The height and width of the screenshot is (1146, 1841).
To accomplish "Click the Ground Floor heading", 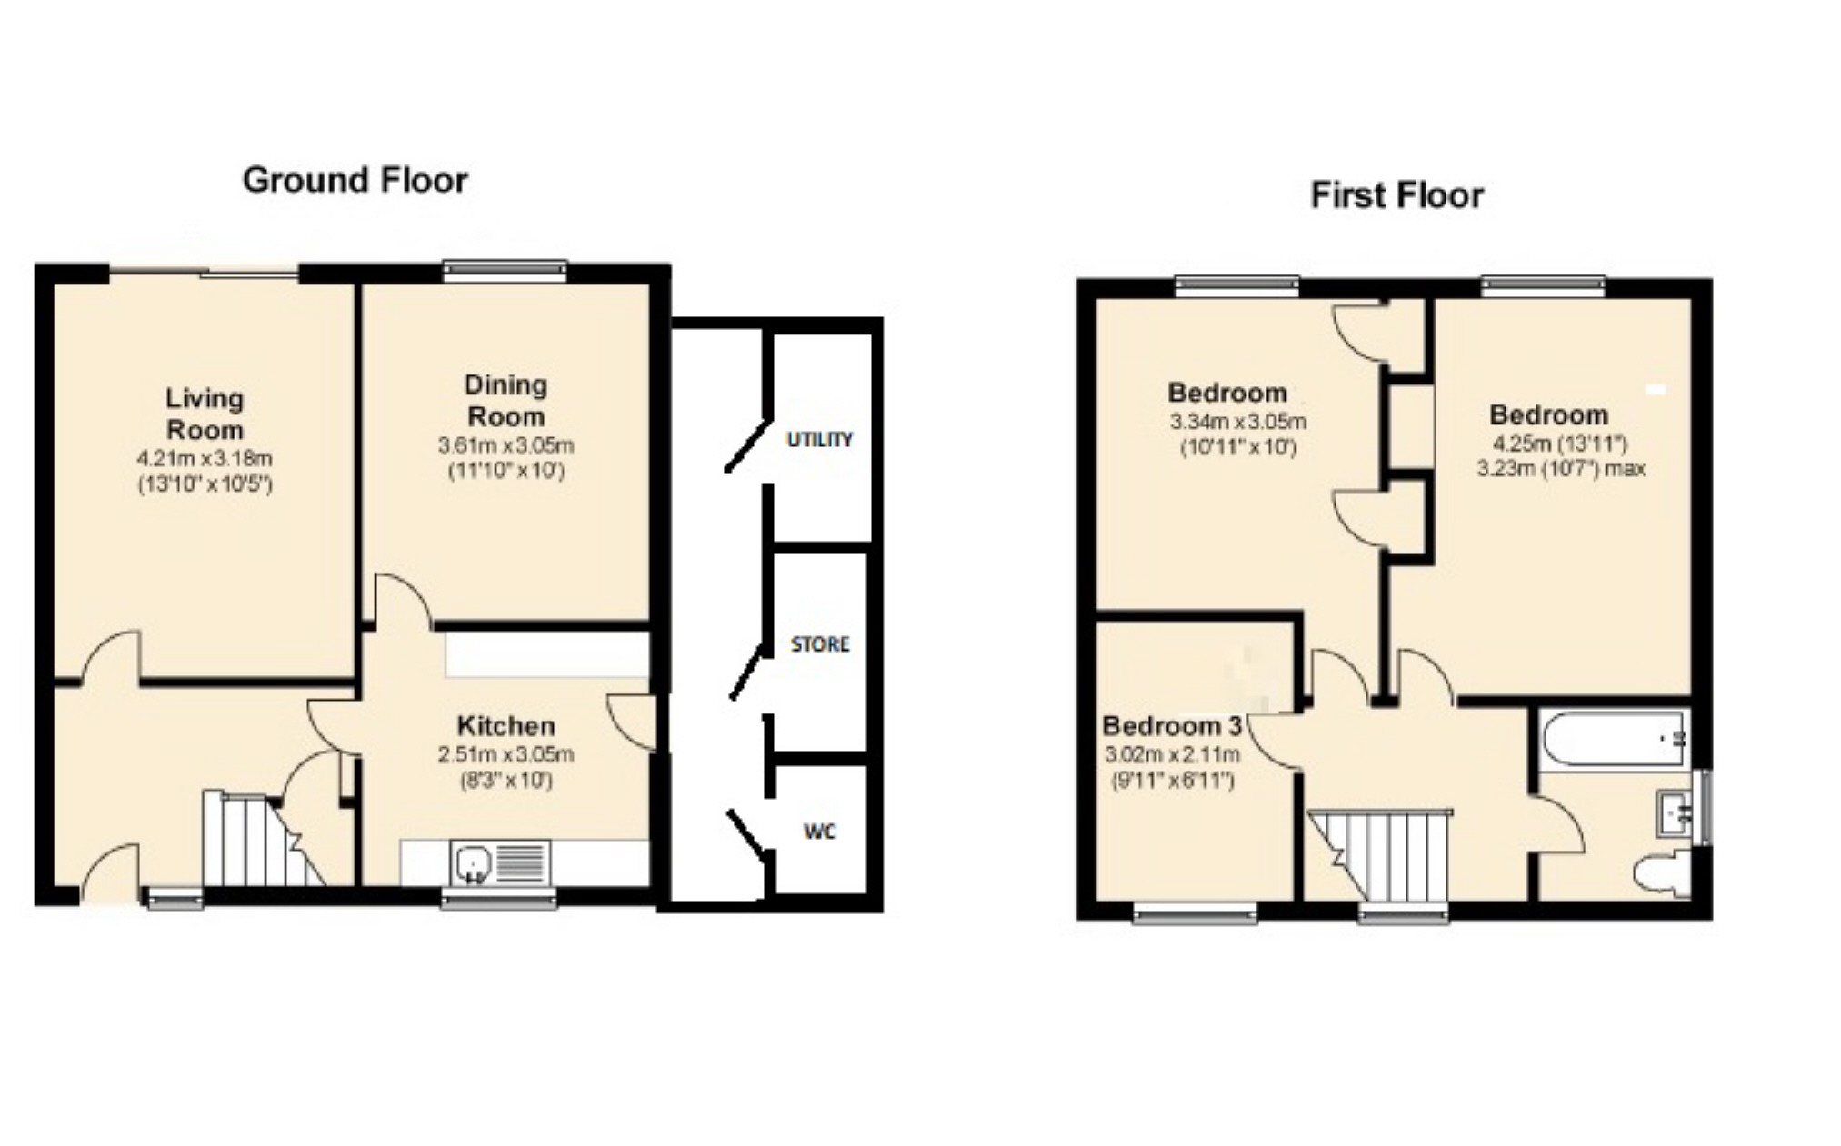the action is click(x=355, y=180).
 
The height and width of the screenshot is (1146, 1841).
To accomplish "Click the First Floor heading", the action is click(x=1396, y=195).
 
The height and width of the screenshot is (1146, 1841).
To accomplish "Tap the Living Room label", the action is click(x=205, y=414).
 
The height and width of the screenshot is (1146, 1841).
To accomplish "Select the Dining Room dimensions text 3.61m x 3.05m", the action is click(x=505, y=446).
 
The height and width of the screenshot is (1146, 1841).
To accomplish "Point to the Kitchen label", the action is click(x=505, y=726).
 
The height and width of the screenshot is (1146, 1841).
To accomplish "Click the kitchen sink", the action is click(x=500, y=862).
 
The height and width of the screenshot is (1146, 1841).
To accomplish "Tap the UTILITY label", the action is click(x=820, y=440).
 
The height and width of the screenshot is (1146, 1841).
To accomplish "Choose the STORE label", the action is click(x=820, y=644).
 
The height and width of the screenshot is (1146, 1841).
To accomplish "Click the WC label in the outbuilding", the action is click(x=819, y=832).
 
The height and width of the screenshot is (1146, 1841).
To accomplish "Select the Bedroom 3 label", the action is click(x=1172, y=726).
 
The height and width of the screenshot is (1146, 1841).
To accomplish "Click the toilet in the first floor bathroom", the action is click(x=1663, y=873).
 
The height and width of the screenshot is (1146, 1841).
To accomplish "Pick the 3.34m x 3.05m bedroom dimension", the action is click(x=1237, y=422).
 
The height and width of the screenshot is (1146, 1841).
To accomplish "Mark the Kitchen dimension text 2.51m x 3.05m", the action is click(x=505, y=754).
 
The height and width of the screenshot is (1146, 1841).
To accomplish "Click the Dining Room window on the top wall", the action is click(x=505, y=269).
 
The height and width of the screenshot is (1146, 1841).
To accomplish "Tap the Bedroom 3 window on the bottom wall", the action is click(x=1195, y=912).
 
